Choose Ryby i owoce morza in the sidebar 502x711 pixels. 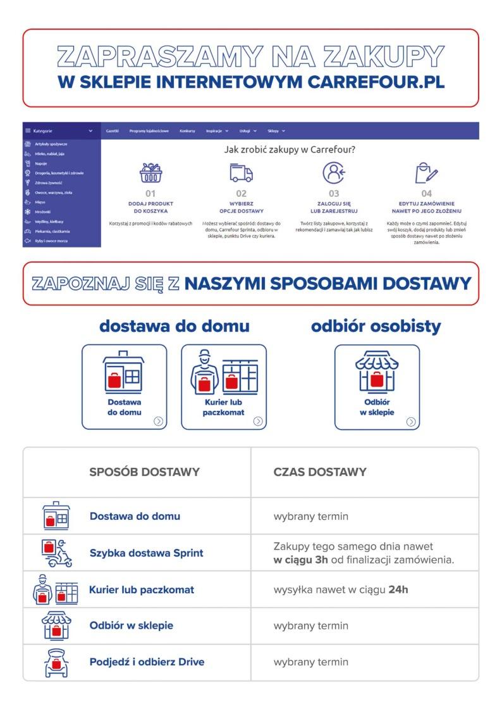click(52, 241)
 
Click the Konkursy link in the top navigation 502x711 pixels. click(187, 130)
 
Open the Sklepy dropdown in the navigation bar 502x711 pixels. click(276, 130)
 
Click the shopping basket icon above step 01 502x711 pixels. click(150, 173)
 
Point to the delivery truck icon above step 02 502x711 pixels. click(241, 173)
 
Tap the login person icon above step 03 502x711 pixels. click(333, 173)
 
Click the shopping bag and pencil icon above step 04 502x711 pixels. click(427, 173)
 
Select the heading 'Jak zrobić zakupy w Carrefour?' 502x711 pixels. click(290, 150)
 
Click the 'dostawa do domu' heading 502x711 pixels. click(174, 326)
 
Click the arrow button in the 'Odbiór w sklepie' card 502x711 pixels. click(411, 421)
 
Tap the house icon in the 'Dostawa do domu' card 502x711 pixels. click(124, 371)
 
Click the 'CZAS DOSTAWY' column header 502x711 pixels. click(320, 472)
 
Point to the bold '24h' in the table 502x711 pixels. click(398, 589)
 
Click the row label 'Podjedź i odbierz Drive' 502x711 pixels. click(147, 662)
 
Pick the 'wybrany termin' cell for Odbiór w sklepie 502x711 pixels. click(311, 626)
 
